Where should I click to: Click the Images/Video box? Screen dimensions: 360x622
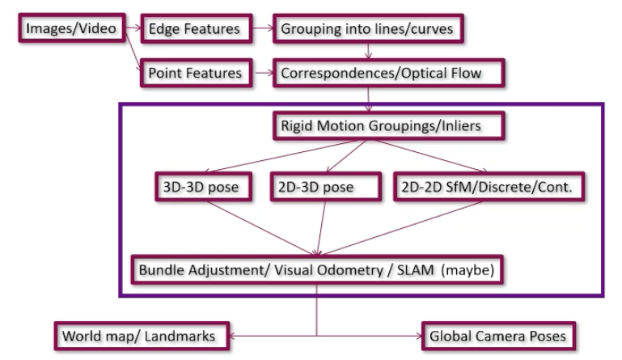pyautogui.click(x=71, y=29)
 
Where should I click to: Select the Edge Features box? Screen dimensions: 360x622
pyautogui.click(x=195, y=29)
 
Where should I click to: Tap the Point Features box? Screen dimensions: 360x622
pyautogui.click(x=195, y=73)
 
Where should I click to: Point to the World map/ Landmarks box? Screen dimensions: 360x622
pyautogui.click(x=142, y=333)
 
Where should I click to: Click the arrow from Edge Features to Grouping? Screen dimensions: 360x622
pyautogui.click(x=260, y=29)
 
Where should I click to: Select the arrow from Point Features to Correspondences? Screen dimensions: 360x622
pyautogui.click(x=260, y=73)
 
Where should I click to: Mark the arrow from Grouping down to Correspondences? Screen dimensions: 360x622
pyautogui.click(x=370, y=51)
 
